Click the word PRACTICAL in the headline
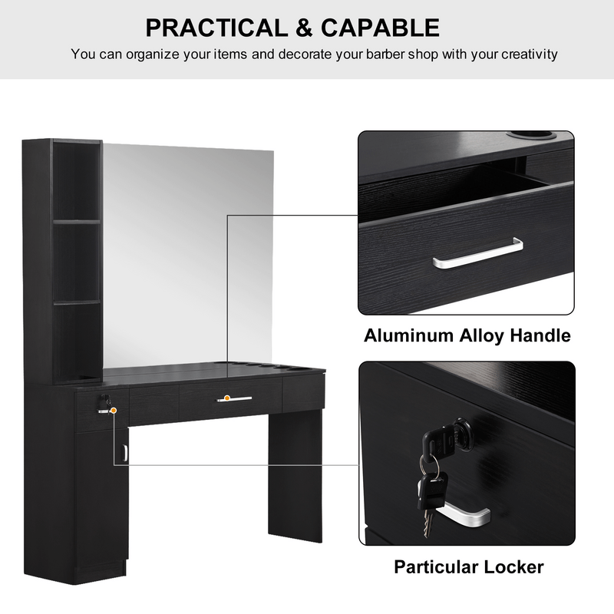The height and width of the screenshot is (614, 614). (x=216, y=28)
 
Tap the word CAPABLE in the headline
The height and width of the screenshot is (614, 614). (x=380, y=28)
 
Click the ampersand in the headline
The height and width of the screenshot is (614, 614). (x=304, y=28)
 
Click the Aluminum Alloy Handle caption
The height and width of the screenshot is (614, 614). (x=467, y=335)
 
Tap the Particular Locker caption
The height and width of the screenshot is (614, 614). (x=469, y=566)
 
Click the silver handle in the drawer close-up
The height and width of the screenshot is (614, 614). (x=477, y=255)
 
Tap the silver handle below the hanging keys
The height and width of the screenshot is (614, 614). (x=464, y=513)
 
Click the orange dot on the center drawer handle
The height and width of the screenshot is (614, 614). (x=226, y=398)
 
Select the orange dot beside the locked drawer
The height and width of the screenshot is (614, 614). (x=114, y=411)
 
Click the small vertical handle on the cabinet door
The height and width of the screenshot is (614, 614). (x=124, y=452)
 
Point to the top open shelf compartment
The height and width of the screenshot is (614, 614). (x=76, y=181)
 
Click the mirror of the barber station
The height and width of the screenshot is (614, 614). (x=188, y=255)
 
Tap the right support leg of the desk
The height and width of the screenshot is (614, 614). (x=295, y=476)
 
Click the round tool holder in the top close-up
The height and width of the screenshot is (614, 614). (x=530, y=136)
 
